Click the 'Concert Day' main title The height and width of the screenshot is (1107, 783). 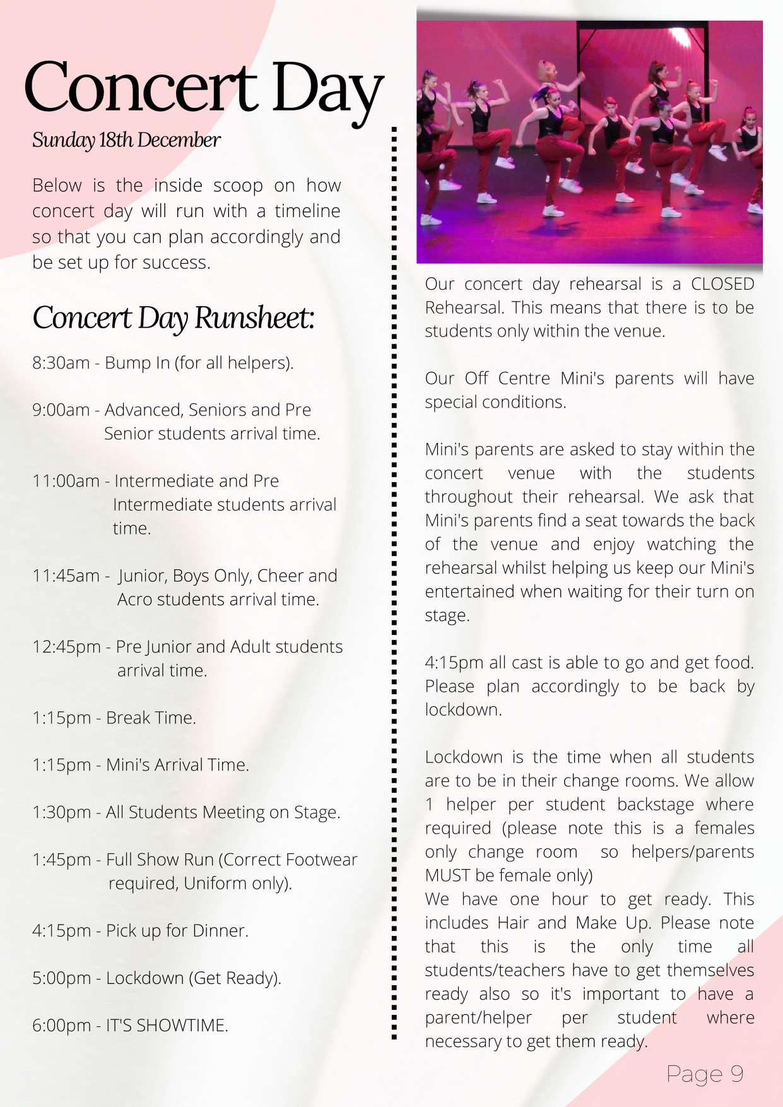pyautogui.click(x=203, y=88)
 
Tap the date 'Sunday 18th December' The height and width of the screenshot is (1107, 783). pyautogui.click(x=126, y=140)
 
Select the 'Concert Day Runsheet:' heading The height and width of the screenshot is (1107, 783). pyautogui.click(x=173, y=317)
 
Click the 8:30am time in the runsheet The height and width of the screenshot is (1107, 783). pyautogui.click(x=61, y=363)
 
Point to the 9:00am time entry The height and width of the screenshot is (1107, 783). pyautogui.click(x=61, y=410)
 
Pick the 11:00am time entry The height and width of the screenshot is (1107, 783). pyautogui.click(x=66, y=481)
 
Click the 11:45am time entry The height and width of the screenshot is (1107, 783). pyautogui.click(x=66, y=576)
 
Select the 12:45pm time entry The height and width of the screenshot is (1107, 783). pyautogui.click(x=66, y=647)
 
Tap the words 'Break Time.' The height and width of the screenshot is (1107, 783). pyautogui.click(x=151, y=718)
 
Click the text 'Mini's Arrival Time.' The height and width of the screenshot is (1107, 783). pyautogui.click(x=177, y=765)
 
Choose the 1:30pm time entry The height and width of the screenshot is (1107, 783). pyautogui.click(x=61, y=812)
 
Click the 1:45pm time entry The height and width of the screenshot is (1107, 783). pyautogui.click(x=61, y=860)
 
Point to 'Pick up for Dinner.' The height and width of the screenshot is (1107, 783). pyautogui.click(x=177, y=931)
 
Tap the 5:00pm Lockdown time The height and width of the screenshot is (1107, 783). pyautogui.click(x=61, y=978)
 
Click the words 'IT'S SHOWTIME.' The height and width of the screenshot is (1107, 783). pyautogui.click(x=167, y=1026)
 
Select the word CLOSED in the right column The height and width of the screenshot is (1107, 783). pyautogui.click(x=722, y=284)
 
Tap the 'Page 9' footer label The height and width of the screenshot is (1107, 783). pyautogui.click(x=705, y=1074)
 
